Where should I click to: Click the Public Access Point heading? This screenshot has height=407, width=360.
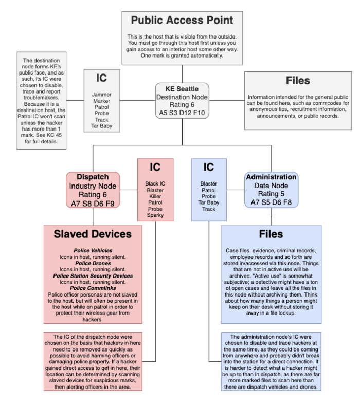tap(182, 21)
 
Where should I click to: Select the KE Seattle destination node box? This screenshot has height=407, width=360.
tap(182, 101)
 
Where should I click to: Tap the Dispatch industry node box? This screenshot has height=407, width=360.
tap(93, 190)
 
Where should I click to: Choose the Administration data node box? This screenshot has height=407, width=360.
tap(271, 190)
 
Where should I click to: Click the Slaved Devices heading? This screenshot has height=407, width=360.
tap(93, 234)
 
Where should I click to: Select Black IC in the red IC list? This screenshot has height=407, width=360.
tap(155, 183)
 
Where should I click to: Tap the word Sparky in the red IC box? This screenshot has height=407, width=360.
tap(155, 215)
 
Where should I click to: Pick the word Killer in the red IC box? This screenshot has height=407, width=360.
tap(155, 196)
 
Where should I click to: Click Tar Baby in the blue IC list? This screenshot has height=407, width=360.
tap(209, 202)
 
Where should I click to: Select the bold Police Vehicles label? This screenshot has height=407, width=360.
tap(93, 250)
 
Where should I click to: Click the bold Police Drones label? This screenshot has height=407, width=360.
tap(93, 263)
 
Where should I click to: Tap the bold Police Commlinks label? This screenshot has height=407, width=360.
tap(93, 288)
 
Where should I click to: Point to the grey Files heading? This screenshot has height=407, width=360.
tap(298, 81)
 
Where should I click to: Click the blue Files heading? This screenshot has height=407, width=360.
tap(271, 234)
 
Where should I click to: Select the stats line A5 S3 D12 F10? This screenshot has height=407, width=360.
tap(182, 113)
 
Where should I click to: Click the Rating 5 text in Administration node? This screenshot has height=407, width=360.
tap(271, 194)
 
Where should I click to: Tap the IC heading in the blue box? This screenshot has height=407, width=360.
tap(209, 168)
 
